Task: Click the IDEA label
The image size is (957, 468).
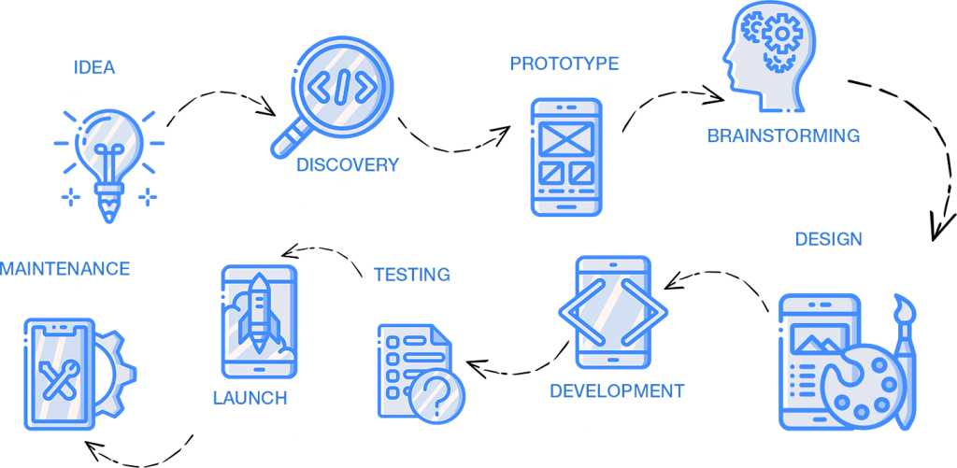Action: pos(94,68)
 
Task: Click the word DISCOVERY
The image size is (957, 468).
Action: pos(348,164)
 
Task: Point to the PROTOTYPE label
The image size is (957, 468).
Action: pos(564,64)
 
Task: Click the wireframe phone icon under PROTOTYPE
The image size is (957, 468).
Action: pos(566,157)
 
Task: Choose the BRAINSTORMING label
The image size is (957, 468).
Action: pos(784,136)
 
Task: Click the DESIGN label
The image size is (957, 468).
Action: pos(829,239)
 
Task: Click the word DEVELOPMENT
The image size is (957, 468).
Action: pos(617,390)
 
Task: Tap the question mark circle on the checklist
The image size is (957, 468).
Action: pos(436,393)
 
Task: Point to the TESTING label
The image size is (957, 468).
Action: pos(412,276)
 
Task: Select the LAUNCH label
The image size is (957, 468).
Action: pos(250,399)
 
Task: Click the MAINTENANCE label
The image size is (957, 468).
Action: pos(64,268)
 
